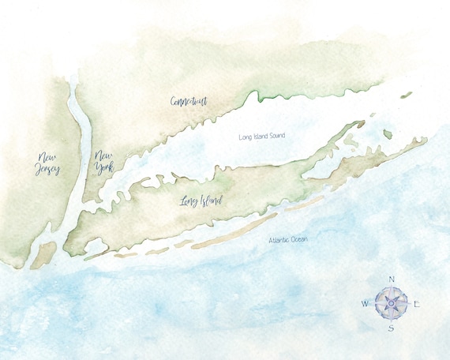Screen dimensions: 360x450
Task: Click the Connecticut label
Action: [188, 101]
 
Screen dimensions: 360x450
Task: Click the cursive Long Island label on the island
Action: [201, 203]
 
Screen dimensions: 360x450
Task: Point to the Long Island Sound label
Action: [261, 137]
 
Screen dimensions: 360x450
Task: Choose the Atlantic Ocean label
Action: [291, 239]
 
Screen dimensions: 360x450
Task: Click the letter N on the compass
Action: [392, 279]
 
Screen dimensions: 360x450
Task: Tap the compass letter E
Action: [417, 303]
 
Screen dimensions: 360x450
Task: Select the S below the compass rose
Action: [390, 328]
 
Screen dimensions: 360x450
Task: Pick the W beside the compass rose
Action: [365, 303]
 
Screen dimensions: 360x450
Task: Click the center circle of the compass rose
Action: [391, 302]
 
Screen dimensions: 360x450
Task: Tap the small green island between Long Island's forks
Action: [388, 134]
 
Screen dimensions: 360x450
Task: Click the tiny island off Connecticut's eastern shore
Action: [406, 95]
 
